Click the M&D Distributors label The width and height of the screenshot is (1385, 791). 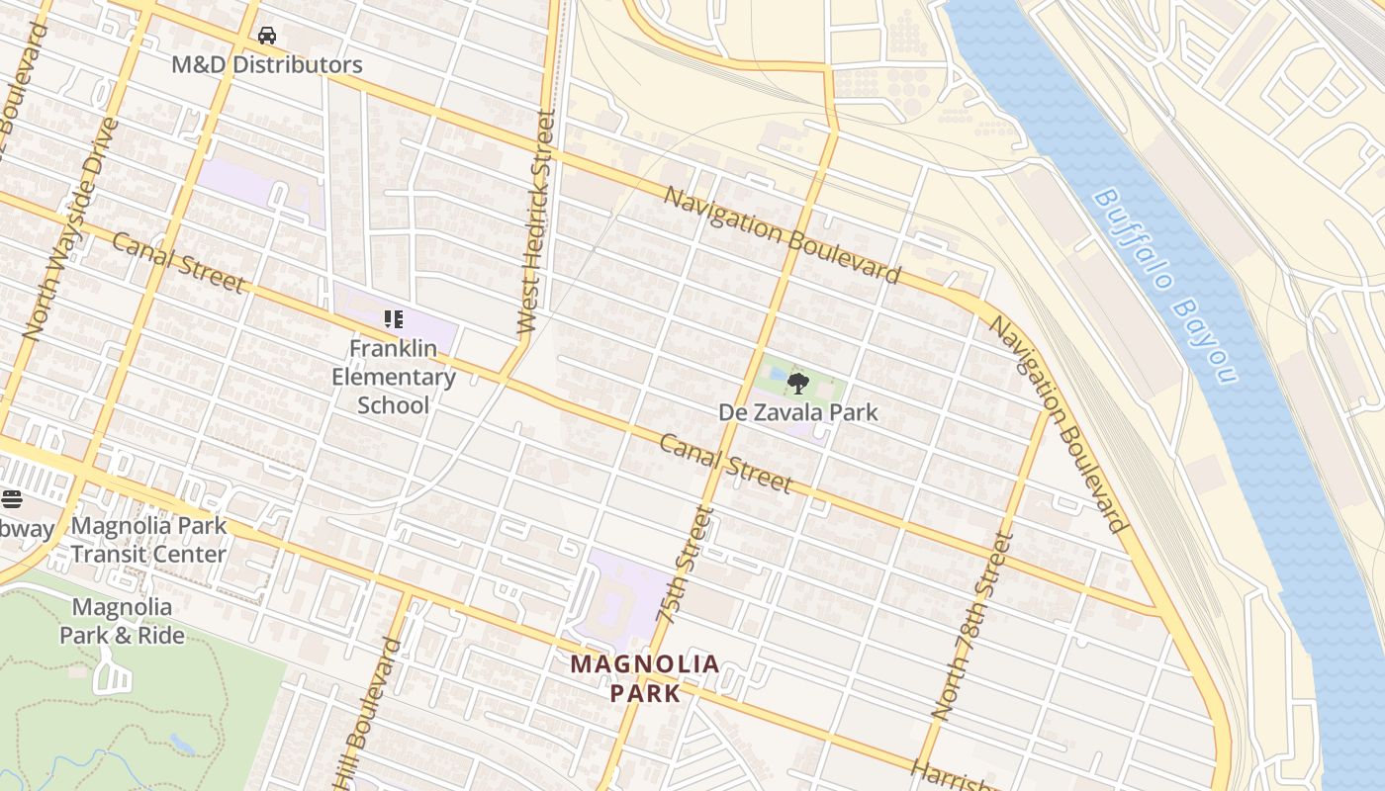click(267, 65)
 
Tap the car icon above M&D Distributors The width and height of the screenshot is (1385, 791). click(267, 37)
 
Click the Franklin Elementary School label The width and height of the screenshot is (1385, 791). click(393, 377)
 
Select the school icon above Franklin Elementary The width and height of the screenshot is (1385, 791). click(393, 319)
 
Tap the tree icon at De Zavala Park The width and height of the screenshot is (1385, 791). click(797, 383)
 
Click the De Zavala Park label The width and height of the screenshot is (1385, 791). click(797, 412)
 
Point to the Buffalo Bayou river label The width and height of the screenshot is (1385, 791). click(1165, 285)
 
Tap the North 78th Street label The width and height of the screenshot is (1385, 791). click(973, 625)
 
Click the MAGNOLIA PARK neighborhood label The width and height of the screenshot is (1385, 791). click(645, 678)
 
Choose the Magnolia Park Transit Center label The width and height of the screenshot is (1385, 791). click(148, 540)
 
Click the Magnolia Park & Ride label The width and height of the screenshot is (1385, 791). click(122, 621)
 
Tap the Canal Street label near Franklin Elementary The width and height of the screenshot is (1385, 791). click(178, 263)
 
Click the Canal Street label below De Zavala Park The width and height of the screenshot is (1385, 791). click(725, 463)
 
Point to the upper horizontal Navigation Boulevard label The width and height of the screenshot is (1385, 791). click(782, 234)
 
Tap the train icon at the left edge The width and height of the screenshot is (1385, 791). click(11, 499)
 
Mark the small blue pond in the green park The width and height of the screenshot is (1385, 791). click(181, 743)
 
